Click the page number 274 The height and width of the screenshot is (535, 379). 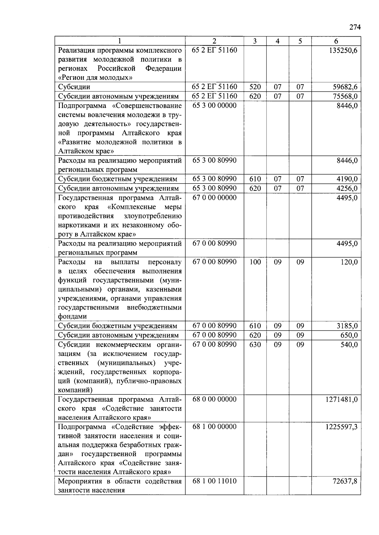coord(355,27)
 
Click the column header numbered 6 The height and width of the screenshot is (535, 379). coord(336,41)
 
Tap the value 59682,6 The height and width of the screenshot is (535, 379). coord(345,87)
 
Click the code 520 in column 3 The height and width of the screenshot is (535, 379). coord(255,87)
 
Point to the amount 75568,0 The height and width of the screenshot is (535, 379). coord(345,96)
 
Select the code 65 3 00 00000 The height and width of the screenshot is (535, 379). coord(214,106)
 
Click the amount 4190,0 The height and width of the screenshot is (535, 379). coord(347,179)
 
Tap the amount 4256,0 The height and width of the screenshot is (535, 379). coord(347,189)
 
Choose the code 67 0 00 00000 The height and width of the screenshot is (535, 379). coord(214,198)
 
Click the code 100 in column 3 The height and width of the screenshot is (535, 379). coord(255,262)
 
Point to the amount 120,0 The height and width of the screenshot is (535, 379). coord(349,262)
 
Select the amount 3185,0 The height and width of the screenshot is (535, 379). coord(347,326)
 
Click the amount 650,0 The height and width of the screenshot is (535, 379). coord(349,335)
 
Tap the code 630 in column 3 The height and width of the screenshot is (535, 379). coord(255,345)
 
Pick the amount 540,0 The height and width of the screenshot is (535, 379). coord(349,345)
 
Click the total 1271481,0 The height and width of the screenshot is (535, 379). coord(341,399)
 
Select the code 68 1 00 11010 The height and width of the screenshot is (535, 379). coord(214,481)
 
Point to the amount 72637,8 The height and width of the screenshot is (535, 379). coord(345,481)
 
